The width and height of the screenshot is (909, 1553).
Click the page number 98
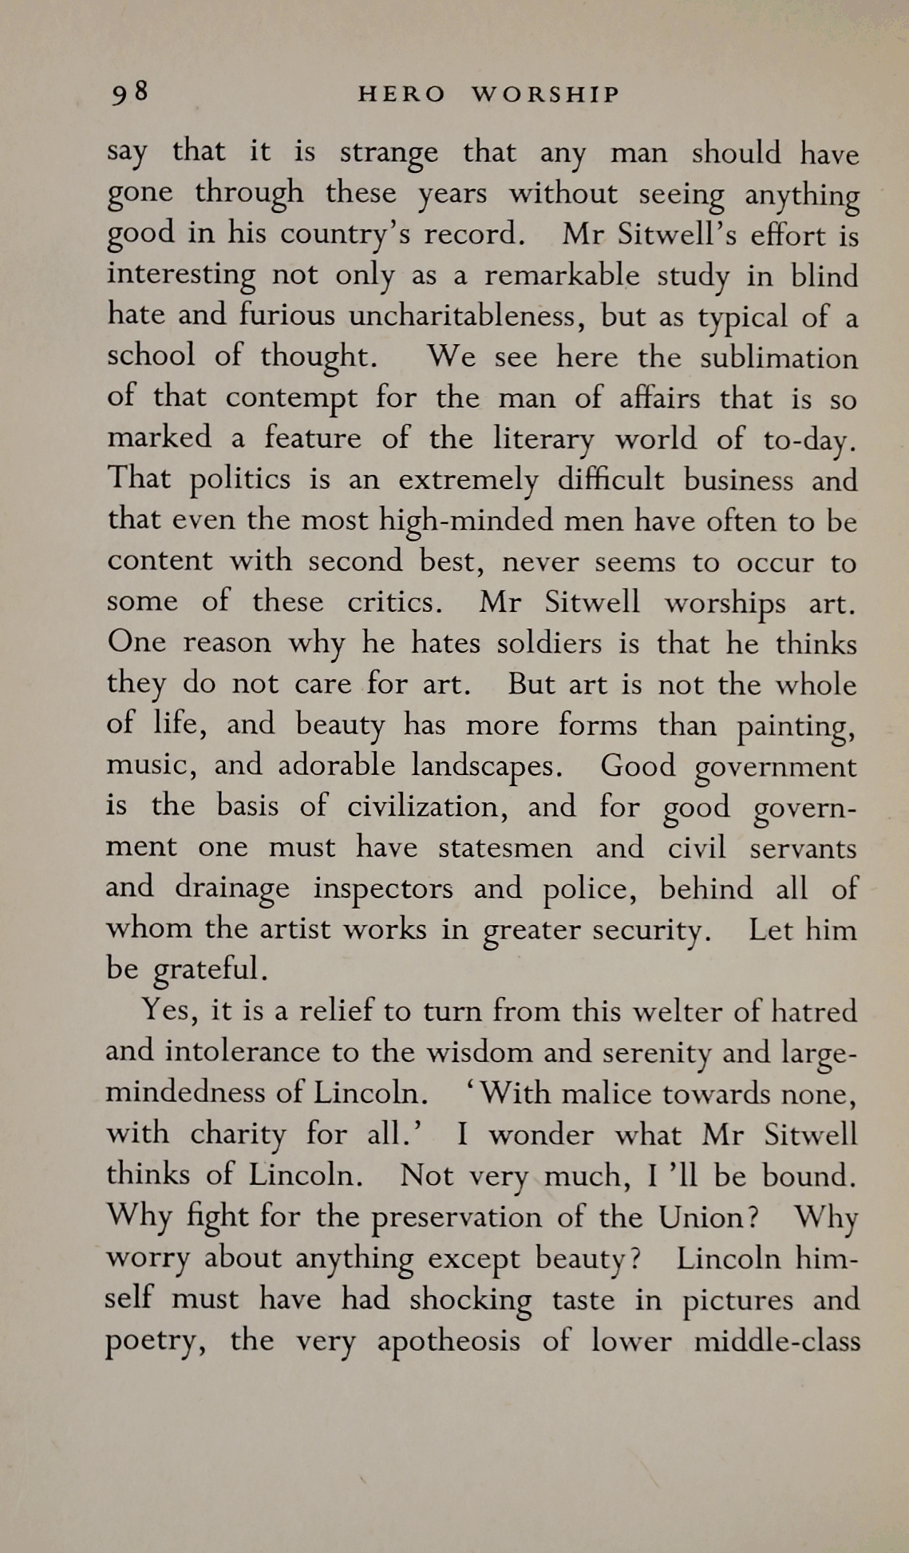pos(129,94)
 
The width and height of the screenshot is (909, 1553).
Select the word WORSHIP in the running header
pos(545,95)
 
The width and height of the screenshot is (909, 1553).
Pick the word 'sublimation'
pos(779,358)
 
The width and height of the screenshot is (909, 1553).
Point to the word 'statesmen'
pos(504,848)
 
